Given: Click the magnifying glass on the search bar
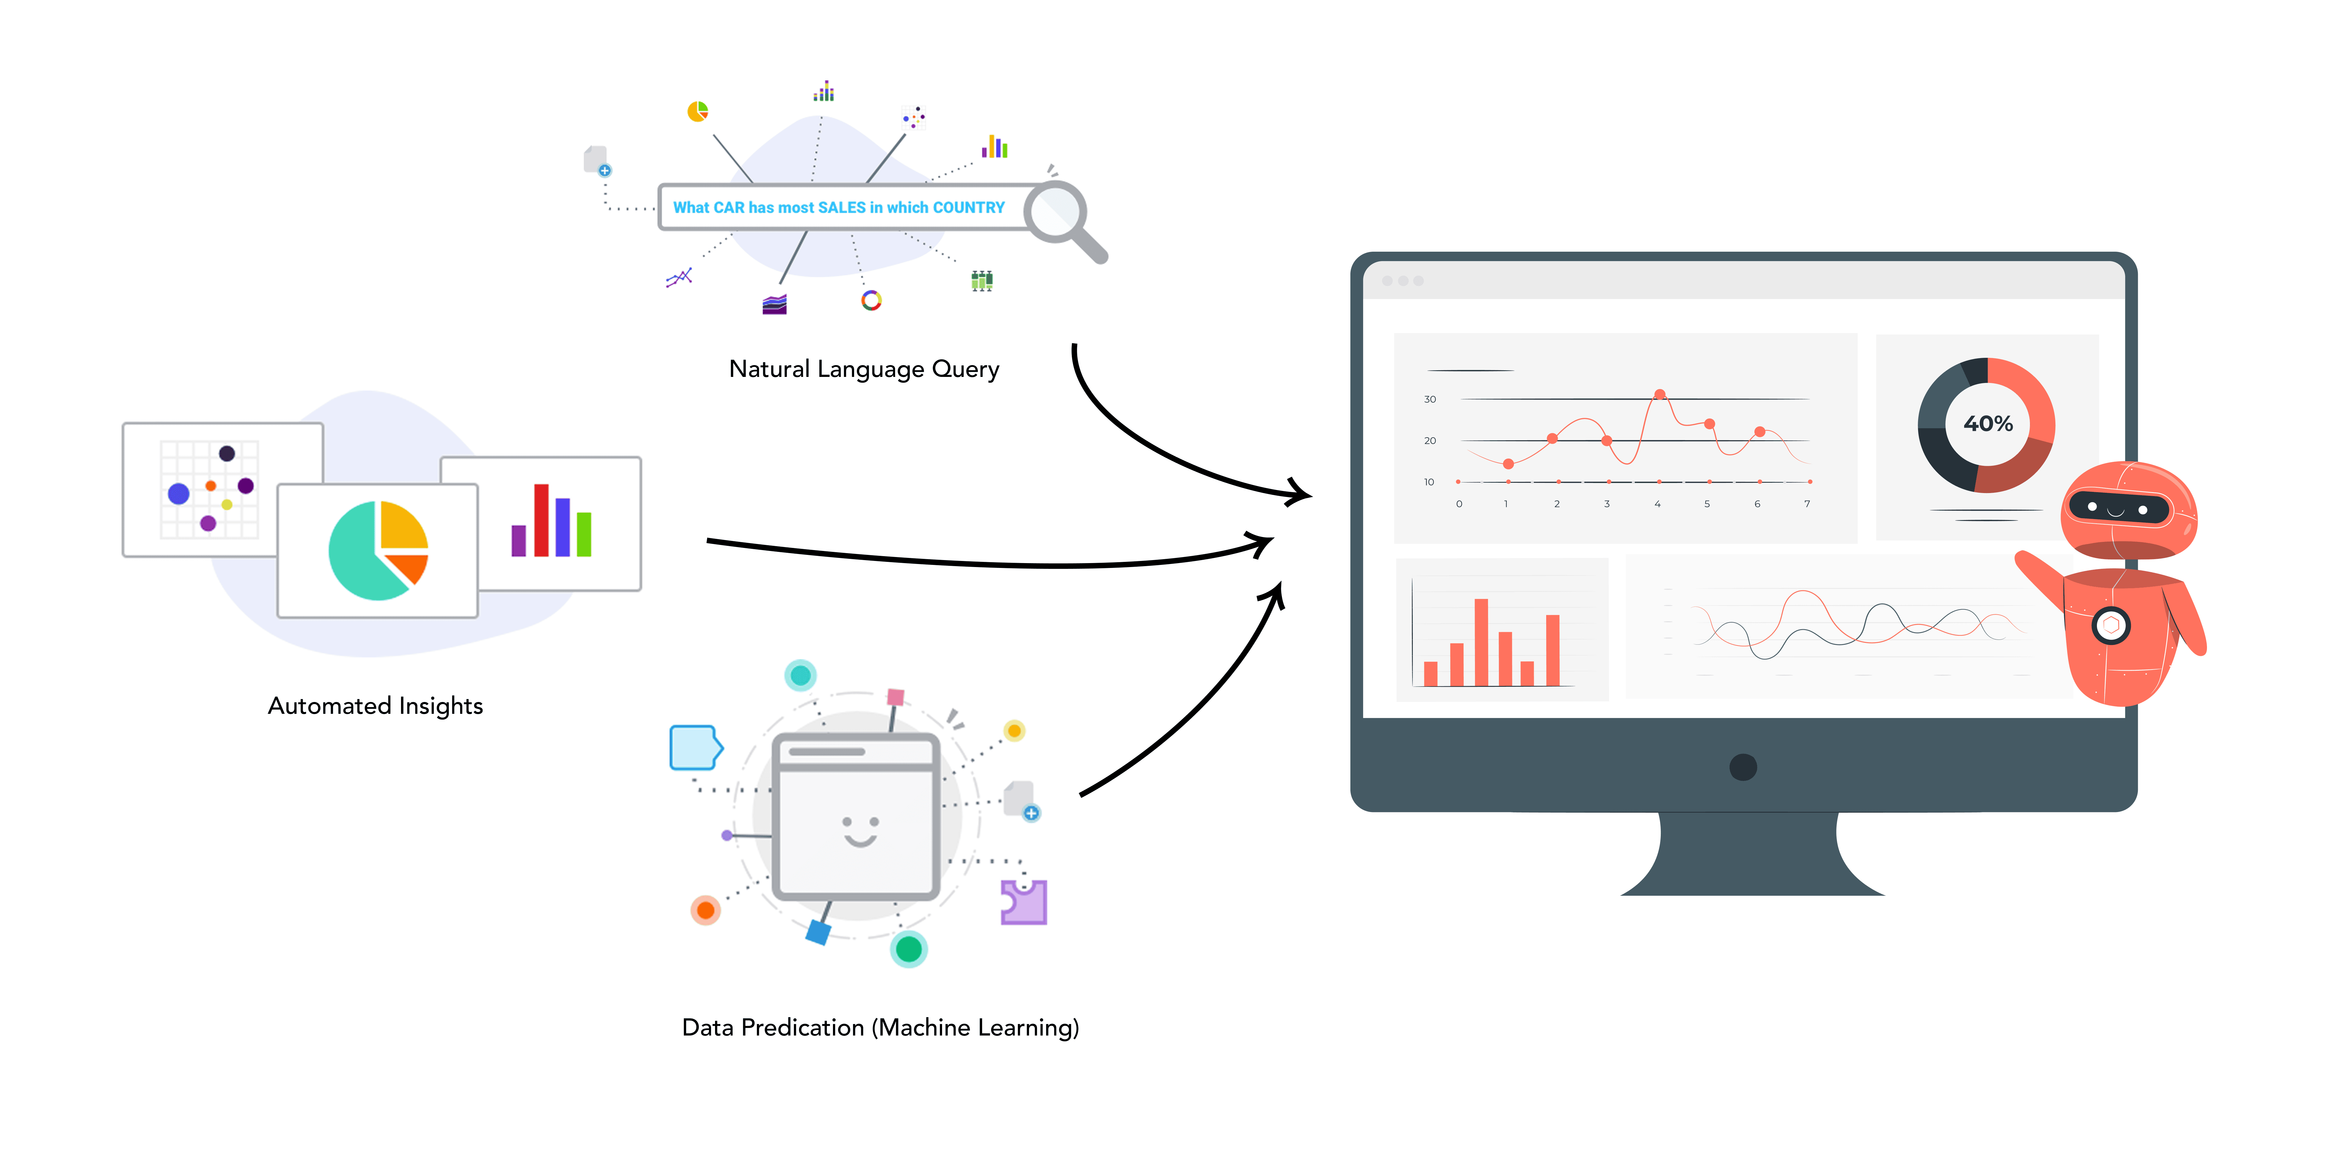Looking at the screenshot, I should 1057,212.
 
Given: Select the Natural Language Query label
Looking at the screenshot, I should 864,369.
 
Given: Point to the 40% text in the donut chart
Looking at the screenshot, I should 1988,424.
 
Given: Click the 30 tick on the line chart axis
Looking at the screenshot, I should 1430,399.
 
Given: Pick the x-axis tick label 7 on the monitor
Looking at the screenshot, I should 1807,504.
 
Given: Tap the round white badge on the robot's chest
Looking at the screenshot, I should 2111,625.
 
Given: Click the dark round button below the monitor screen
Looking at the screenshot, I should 1743,767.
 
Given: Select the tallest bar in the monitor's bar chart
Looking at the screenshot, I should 1481,642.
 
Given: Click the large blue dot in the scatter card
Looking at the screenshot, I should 179,494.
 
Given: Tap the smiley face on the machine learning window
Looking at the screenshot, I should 859,830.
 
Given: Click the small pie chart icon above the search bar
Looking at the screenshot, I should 697,112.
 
